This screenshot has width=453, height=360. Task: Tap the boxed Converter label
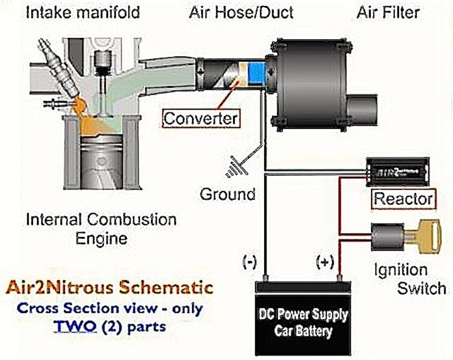[x=201, y=118]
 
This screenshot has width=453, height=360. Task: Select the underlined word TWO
[x=75, y=326]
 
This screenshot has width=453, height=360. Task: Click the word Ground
[x=227, y=194]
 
